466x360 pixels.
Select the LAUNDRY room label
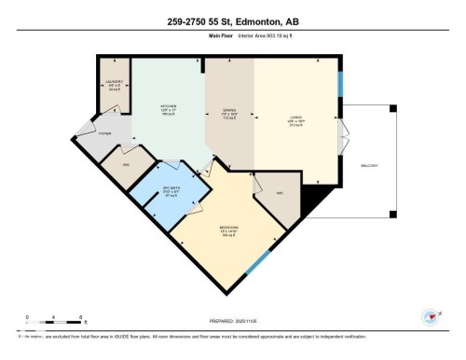pos(115,82)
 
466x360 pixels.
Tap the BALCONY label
pos(371,164)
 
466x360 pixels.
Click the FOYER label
pos(104,134)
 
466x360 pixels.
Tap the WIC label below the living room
pos(280,192)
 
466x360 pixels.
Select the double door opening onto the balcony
pos(346,135)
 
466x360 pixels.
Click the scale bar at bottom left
pos(55,321)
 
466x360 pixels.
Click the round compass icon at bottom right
pos(430,317)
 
